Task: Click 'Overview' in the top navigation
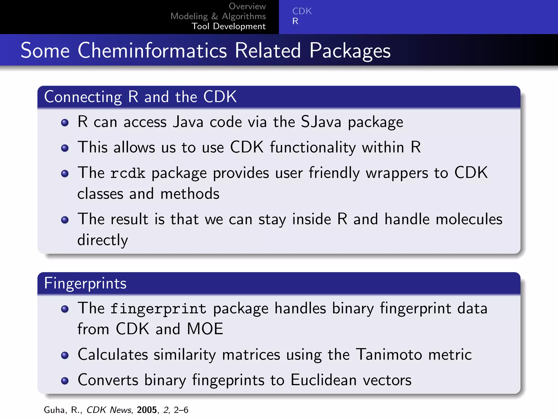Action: [x=247, y=6]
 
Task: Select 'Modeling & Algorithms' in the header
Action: [x=218, y=16]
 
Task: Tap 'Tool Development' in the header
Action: [x=228, y=26]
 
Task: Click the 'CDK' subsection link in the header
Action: [x=302, y=11]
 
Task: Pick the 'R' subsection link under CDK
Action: [x=295, y=21]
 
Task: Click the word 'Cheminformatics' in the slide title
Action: [x=152, y=51]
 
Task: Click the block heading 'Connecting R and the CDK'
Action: [x=140, y=97]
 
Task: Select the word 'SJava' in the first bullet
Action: [x=321, y=122]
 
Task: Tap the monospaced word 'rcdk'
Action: [x=128, y=173]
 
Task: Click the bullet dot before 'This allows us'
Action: [x=65, y=148]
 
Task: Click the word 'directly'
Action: [x=102, y=240]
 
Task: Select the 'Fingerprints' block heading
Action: [x=85, y=283]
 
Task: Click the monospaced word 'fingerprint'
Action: [x=158, y=309]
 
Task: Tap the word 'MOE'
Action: [x=205, y=329]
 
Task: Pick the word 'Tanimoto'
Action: [x=389, y=355]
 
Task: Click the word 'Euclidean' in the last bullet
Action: [x=323, y=380]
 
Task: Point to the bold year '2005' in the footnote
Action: [x=147, y=410]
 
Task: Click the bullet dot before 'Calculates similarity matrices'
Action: [x=65, y=355]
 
